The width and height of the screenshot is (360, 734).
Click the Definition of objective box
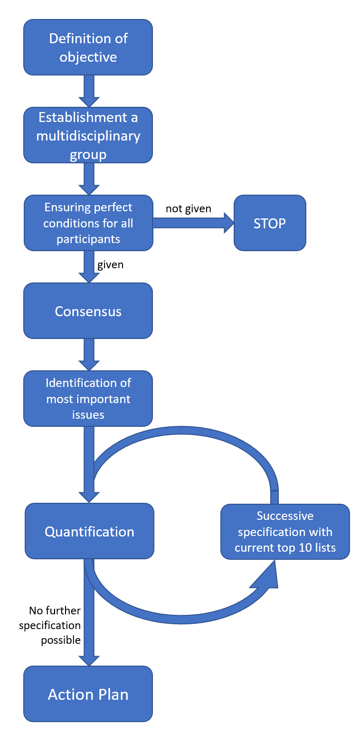(88, 47)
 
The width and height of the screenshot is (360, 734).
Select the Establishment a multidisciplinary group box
(88, 135)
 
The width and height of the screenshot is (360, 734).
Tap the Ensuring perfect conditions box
(88, 223)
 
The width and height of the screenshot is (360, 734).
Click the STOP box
(270, 223)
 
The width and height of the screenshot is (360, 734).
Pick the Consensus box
(88, 311)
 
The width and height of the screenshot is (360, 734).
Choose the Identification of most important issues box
(88, 398)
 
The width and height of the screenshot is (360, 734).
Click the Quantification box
(89, 531)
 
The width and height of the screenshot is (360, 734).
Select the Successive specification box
(285, 532)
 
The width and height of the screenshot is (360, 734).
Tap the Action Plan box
(88, 694)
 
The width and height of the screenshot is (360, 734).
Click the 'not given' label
(189, 209)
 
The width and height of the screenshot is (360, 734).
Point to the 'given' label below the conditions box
(110, 265)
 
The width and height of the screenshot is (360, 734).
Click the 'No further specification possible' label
(50, 625)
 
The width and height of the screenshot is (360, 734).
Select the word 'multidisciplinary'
(88, 136)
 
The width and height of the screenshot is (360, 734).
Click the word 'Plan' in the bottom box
(111, 695)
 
